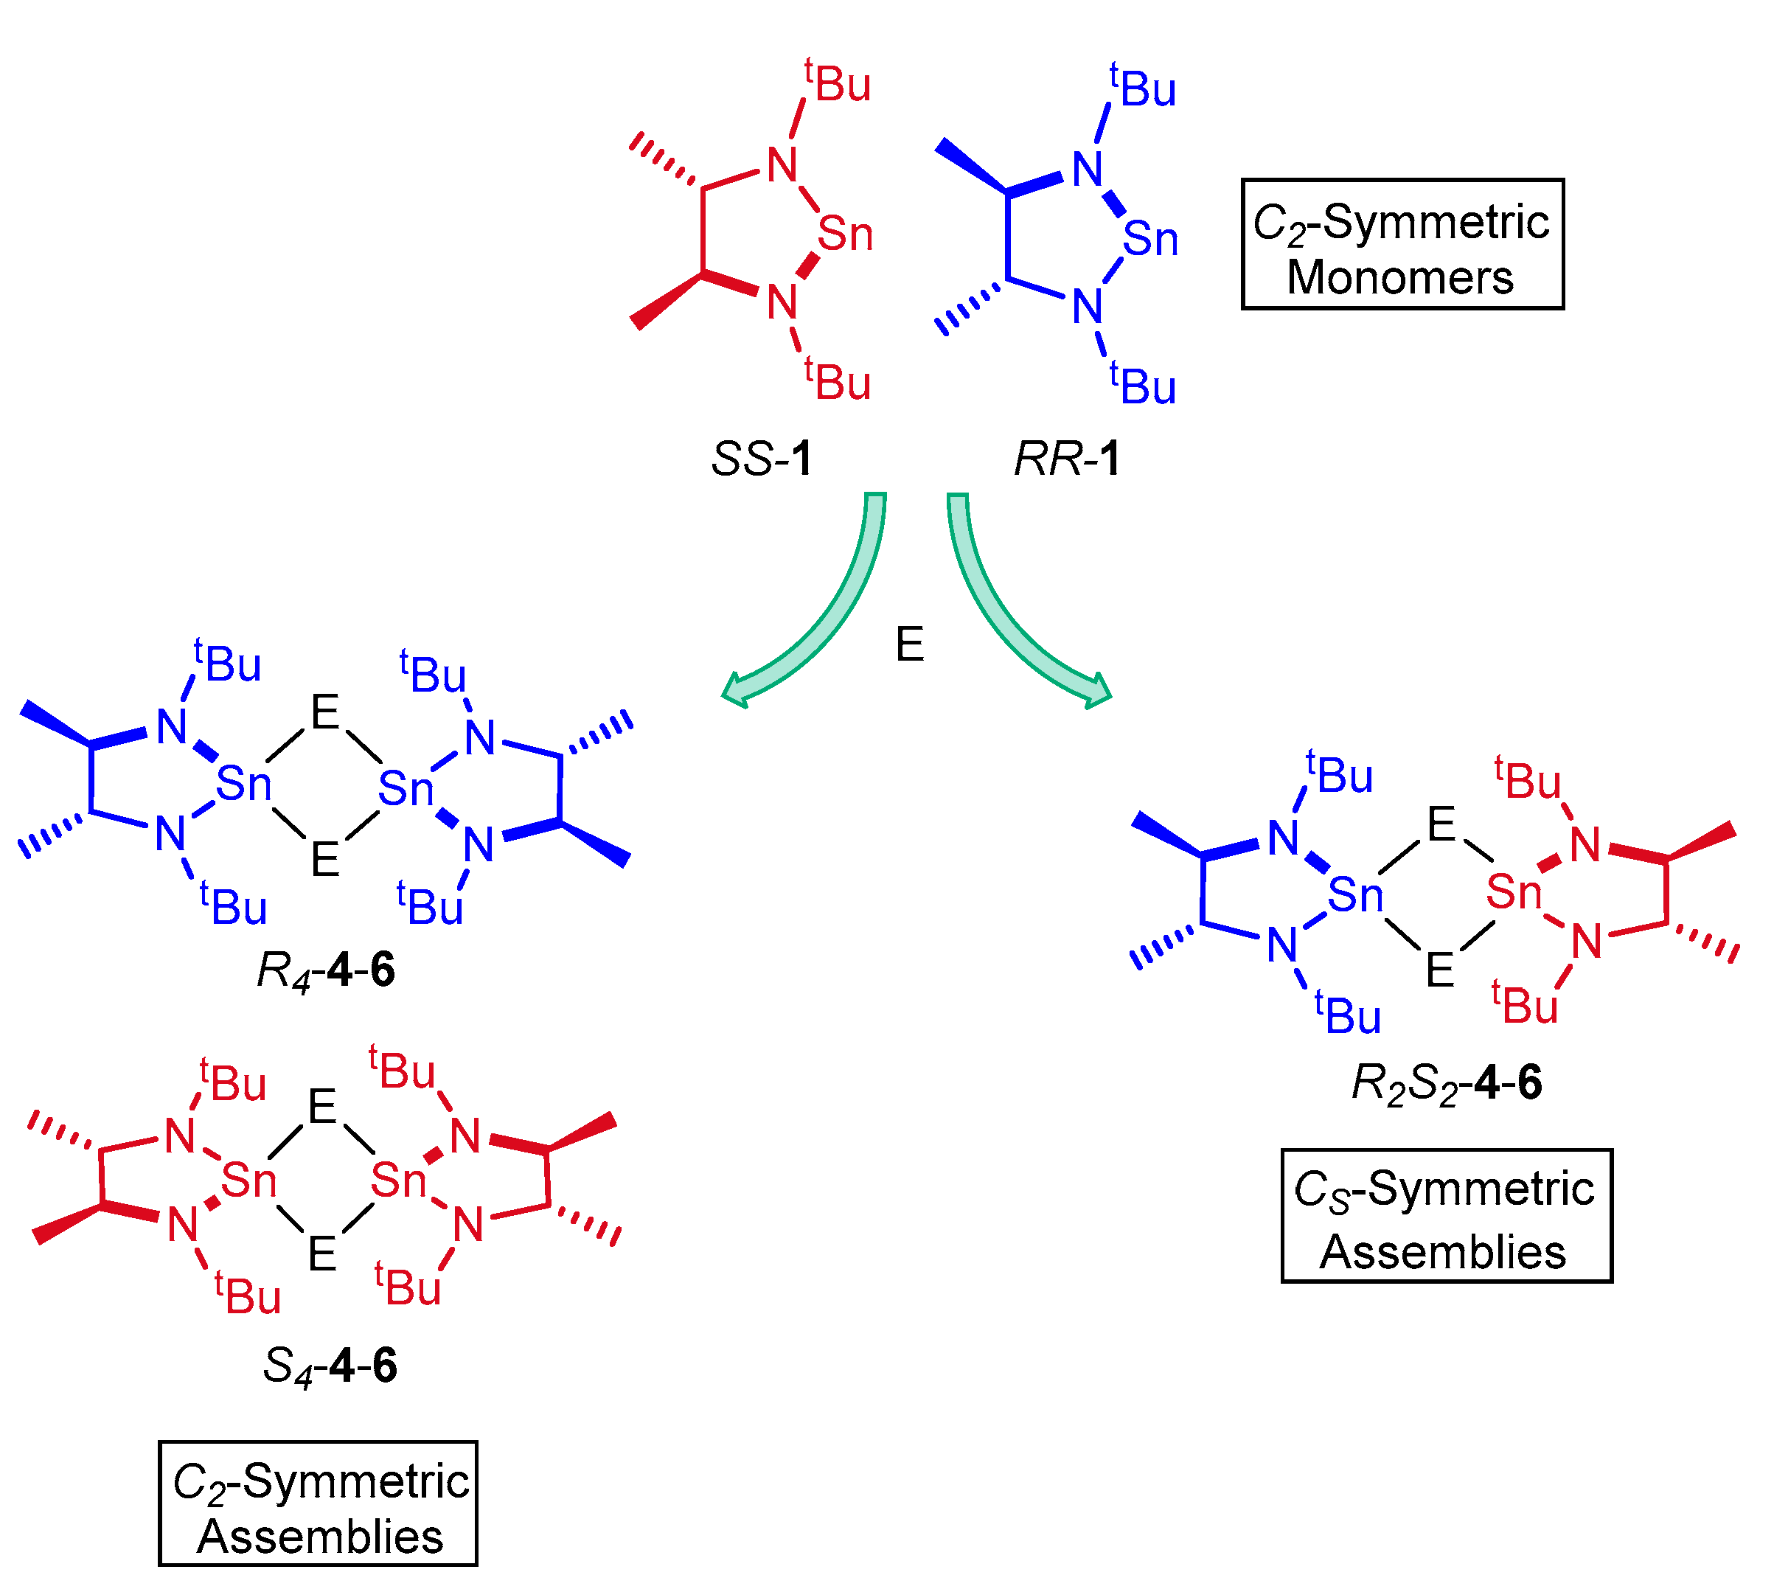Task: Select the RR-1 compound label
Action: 1067,459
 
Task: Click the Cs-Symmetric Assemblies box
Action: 1446,1216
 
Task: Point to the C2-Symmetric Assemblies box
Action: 318,1503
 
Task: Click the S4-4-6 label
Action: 330,1366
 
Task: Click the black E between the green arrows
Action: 910,644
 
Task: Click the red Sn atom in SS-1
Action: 845,234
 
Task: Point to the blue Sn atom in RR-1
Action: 1149,238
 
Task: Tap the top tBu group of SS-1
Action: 838,83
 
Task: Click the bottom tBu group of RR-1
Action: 1143,385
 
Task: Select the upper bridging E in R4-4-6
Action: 324,713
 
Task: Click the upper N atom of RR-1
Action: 1088,170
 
